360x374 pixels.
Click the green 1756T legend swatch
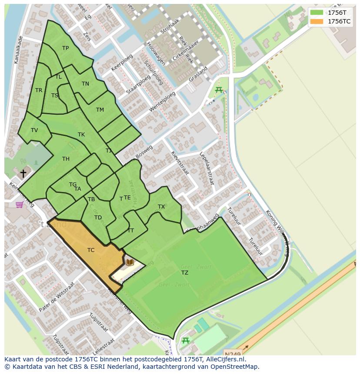tap(317, 13)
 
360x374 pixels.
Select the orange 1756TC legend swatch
tap(317, 21)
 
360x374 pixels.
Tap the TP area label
tap(65, 48)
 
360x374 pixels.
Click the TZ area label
tap(185, 273)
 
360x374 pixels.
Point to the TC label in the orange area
tap(91, 250)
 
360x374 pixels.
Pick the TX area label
tap(161, 207)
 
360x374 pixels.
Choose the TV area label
tap(34, 130)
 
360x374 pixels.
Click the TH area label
tap(66, 159)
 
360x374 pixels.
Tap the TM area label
tap(100, 110)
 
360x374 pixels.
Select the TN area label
tap(85, 84)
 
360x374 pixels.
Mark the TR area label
tap(39, 90)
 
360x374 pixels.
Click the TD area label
tap(98, 218)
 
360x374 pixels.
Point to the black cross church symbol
tap(23, 173)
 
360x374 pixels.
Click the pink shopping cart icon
tap(20, 204)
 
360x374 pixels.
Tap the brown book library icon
tap(130, 262)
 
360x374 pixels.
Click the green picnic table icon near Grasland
tap(219, 90)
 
